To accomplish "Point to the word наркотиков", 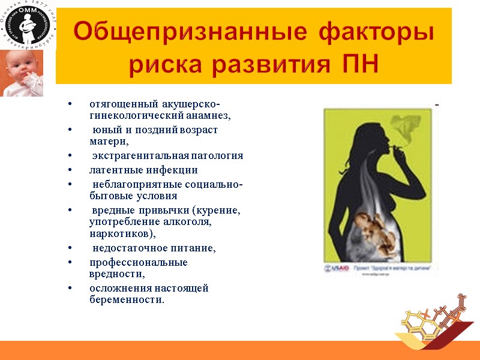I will pyautogui.click(x=118, y=233).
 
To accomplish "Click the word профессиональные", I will pyautogui.click(x=139, y=263).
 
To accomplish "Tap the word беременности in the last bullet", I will pyautogui.click(x=125, y=299).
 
